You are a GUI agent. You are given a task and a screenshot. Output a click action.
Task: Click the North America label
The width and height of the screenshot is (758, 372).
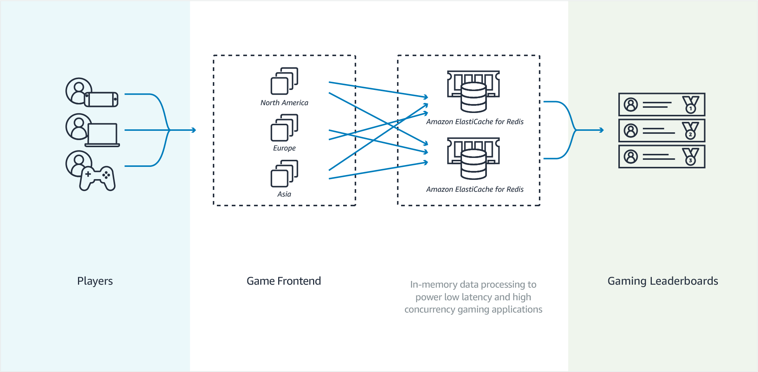click(x=284, y=103)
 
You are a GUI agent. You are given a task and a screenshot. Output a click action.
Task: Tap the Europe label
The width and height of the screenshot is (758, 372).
click(x=284, y=148)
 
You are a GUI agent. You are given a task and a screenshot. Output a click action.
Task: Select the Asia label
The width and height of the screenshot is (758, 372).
click(x=284, y=194)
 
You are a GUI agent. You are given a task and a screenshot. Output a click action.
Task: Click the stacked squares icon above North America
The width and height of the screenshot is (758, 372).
click(x=284, y=81)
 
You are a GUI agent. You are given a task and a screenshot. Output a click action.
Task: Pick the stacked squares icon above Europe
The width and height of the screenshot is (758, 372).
click(x=284, y=127)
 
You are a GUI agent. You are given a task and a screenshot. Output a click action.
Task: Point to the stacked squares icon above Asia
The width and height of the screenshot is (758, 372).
click(x=284, y=173)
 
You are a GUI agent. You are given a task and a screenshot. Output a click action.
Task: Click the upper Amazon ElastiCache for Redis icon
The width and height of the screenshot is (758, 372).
click(x=474, y=91)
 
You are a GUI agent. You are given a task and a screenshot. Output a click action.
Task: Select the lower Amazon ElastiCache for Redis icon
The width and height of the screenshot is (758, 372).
click(x=474, y=158)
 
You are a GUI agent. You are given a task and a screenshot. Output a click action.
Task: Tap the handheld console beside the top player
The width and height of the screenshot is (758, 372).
click(x=101, y=99)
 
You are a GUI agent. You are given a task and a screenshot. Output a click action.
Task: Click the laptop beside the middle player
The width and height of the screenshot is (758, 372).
click(x=103, y=135)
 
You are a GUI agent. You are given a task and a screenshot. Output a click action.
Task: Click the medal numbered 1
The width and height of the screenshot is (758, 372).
click(x=690, y=105)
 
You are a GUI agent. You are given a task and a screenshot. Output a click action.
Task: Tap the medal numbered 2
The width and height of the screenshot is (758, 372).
click(x=690, y=131)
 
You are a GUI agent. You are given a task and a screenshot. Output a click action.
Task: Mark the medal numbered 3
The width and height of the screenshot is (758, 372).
click(x=690, y=157)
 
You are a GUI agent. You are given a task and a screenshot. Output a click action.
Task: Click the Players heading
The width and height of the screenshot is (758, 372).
click(x=95, y=281)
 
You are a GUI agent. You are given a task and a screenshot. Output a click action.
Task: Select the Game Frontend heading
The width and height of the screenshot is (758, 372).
click(x=284, y=281)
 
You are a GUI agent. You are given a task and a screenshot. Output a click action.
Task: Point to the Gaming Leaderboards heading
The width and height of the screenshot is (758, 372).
click(x=663, y=281)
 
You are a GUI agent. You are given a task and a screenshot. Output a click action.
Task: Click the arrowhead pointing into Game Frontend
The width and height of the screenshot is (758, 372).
click(x=194, y=130)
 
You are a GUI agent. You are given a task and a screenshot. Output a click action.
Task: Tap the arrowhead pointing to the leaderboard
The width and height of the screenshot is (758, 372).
click(x=602, y=130)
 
